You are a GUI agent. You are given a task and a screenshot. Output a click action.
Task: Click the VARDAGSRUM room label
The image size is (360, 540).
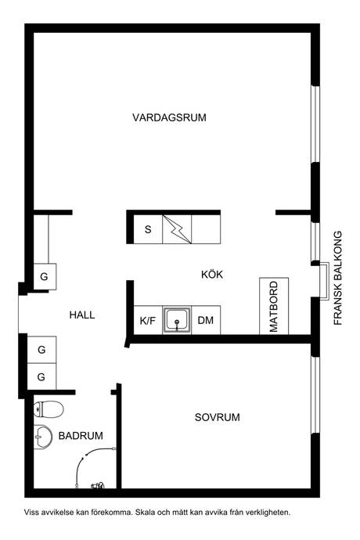pos(169,117)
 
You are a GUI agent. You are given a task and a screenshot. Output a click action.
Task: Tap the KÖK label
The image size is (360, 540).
pos(212,275)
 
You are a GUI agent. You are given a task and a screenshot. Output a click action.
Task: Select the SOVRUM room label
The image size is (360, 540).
pos(217,417)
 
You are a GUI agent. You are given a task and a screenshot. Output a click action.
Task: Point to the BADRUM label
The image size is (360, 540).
pos(81,436)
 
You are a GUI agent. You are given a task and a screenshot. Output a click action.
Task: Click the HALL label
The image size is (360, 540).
pos(82,315)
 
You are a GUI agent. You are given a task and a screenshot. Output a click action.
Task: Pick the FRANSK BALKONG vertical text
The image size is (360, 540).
pos(338,278)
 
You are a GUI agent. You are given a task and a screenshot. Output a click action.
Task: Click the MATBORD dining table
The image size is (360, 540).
pos(274,306)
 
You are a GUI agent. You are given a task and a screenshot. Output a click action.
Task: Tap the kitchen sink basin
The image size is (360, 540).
pos(177,320)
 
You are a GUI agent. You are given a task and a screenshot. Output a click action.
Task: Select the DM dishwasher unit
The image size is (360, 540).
pos(206,320)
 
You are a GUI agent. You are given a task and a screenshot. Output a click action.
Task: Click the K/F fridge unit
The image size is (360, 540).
pos(148,320)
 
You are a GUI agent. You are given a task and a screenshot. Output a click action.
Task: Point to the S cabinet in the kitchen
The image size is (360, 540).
pos(148,229)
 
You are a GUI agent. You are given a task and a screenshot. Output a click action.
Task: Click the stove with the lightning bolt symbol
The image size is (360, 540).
pos(177,229)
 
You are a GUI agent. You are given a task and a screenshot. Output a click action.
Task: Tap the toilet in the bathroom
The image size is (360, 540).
pos(49,409)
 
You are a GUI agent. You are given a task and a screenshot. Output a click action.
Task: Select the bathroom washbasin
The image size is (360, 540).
pos(43,437)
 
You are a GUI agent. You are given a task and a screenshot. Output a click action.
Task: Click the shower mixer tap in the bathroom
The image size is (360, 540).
pos(98,486)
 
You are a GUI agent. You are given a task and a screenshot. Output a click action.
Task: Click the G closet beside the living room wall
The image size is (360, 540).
pos(45,276)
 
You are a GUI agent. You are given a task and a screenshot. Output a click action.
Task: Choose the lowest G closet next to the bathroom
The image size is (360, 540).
pos(41,376)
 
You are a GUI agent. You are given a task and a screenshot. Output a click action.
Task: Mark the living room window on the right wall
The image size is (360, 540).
pos(315,124)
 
